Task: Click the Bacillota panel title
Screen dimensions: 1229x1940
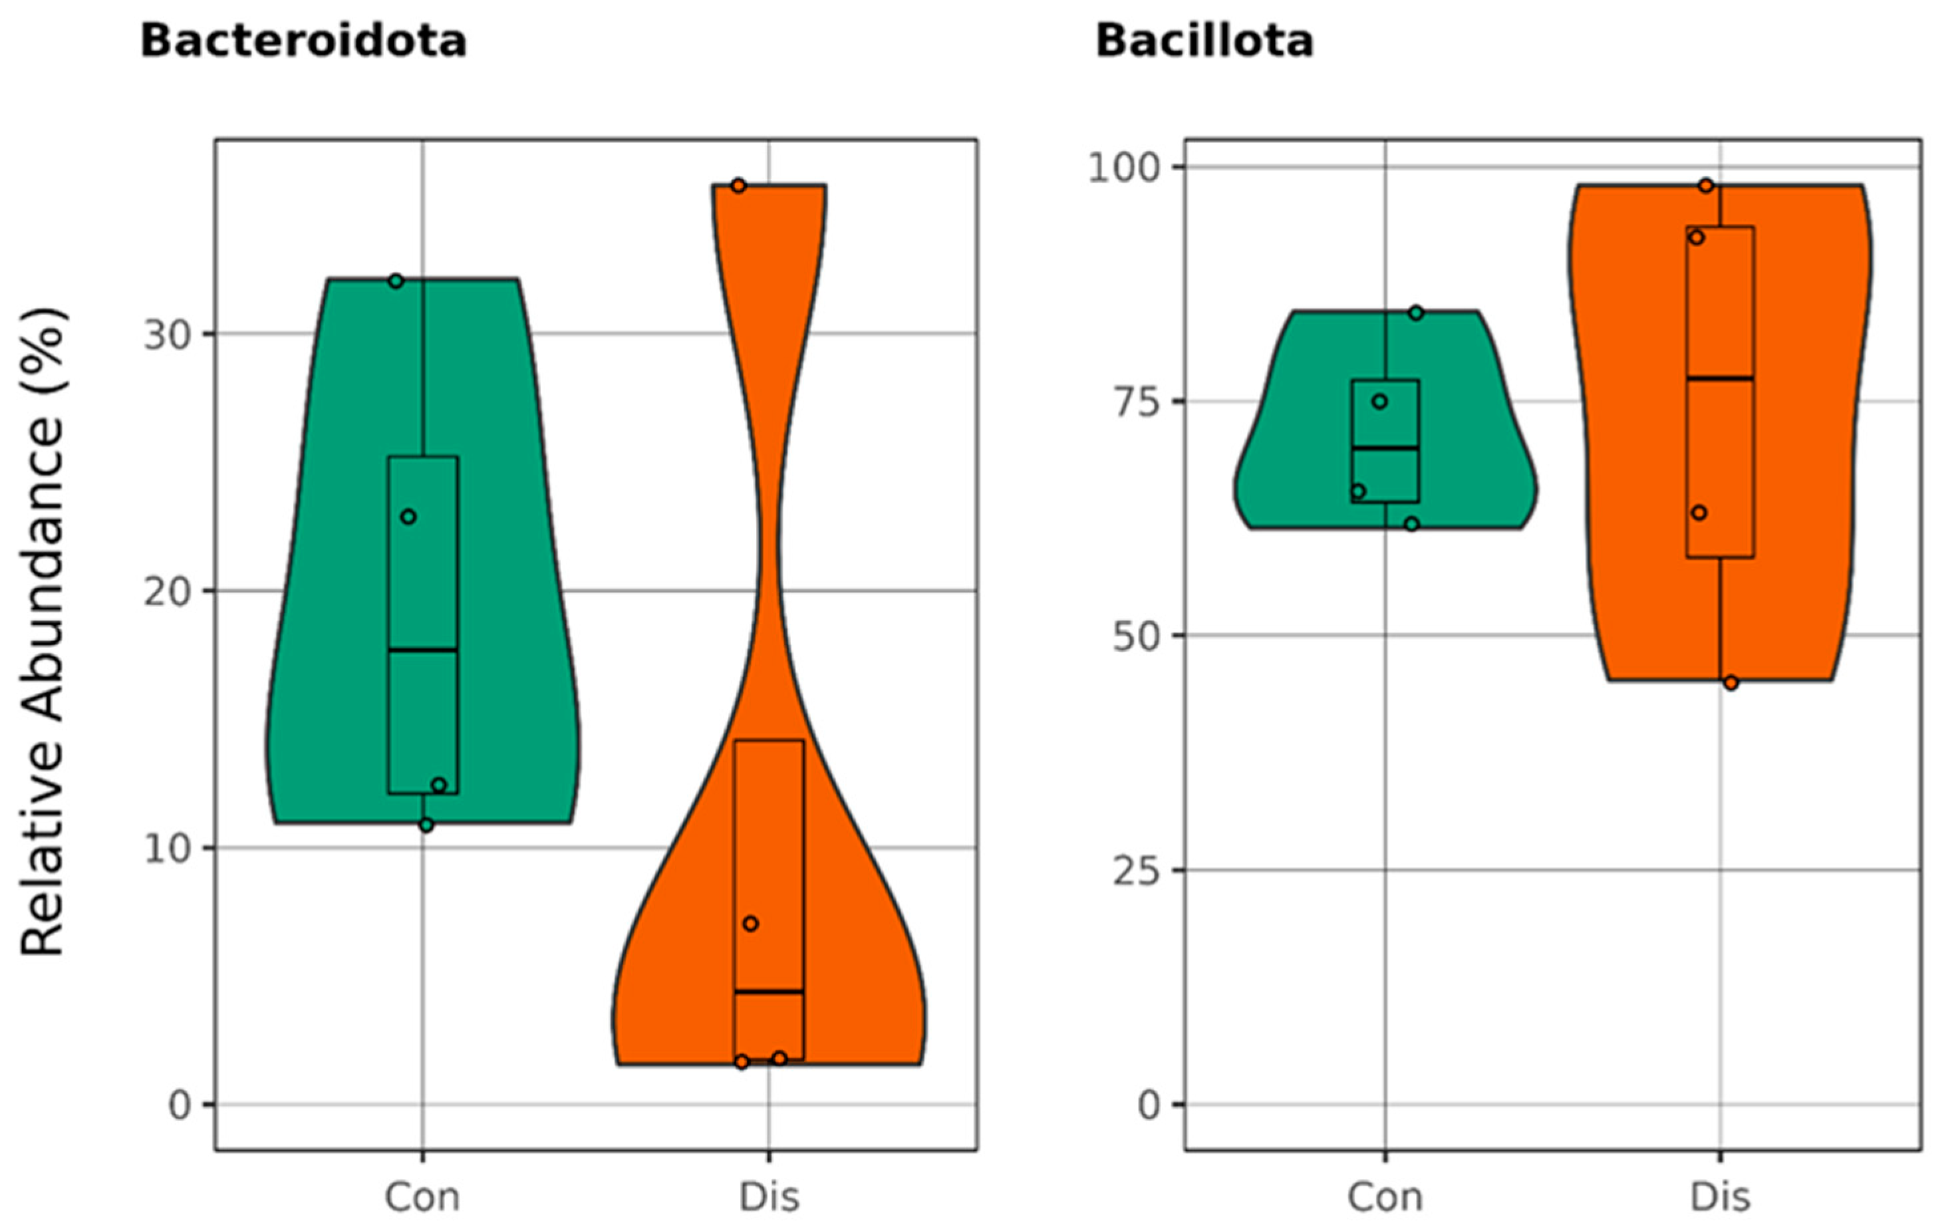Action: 1204,41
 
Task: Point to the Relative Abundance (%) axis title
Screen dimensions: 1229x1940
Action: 42,633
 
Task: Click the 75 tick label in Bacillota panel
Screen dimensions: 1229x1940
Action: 1135,402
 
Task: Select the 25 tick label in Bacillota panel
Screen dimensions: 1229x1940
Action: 1135,871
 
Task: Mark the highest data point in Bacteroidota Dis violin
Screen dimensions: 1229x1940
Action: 738,186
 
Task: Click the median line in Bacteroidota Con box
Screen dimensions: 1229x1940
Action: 423,649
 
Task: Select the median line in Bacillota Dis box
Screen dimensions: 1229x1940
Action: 1720,378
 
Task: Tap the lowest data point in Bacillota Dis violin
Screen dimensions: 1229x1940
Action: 1731,683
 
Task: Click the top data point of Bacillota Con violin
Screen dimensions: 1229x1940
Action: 1415,313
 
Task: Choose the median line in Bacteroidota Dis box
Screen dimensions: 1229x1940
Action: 769,992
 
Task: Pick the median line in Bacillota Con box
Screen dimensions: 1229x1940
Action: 1385,448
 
